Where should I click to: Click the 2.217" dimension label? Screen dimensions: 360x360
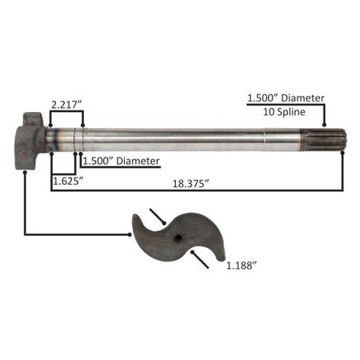(66, 105)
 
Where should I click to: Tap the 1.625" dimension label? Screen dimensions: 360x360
(68, 181)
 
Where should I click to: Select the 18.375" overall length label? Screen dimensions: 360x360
(190, 183)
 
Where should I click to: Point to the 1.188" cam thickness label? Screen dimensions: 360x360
(242, 266)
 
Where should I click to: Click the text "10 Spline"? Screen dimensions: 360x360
(284, 112)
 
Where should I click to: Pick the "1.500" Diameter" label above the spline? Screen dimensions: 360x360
(286, 98)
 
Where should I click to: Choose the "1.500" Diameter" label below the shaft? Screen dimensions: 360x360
(121, 161)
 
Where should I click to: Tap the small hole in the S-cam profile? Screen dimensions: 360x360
(178, 238)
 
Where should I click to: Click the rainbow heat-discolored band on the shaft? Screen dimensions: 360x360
(55, 140)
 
